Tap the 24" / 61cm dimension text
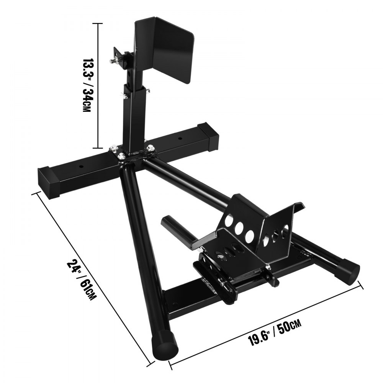81,280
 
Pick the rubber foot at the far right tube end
350,269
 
